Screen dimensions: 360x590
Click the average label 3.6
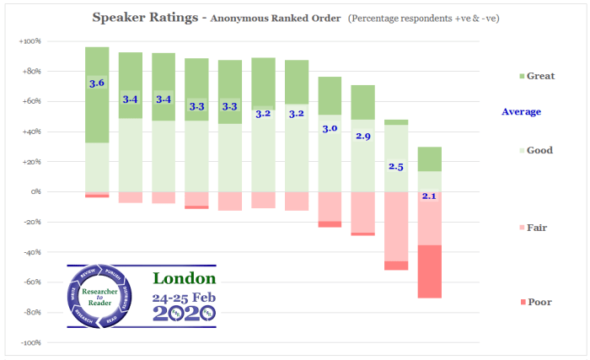tap(97, 83)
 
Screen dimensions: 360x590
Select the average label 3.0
tap(330, 128)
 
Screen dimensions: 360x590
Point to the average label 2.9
tap(362, 136)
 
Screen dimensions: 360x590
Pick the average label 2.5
tap(396, 167)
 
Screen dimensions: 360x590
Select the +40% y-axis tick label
tap(29, 132)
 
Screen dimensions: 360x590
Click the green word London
tap(184, 278)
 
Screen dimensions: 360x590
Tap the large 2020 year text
tap(184, 313)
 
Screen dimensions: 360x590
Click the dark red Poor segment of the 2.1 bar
tap(429, 271)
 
